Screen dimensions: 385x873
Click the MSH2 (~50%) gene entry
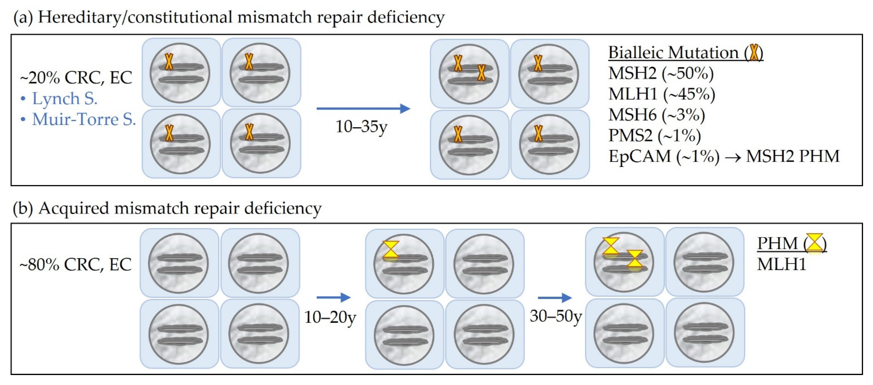pyautogui.click(x=661, y=73)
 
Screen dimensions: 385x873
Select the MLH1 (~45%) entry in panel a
pyautogui.click(x=661, y=94)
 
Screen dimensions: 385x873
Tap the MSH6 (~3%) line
pyautogui.click(x=656, y=115)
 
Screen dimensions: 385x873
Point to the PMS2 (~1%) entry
pyautogui.click(x=654, y=136)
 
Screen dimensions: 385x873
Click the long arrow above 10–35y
pyautogui.click(x=363, y=108)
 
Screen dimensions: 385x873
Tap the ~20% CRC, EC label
pyautogui.click(x=76, y=78)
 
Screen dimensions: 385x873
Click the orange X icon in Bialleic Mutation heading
pyautogui.click(x=754, y=53)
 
